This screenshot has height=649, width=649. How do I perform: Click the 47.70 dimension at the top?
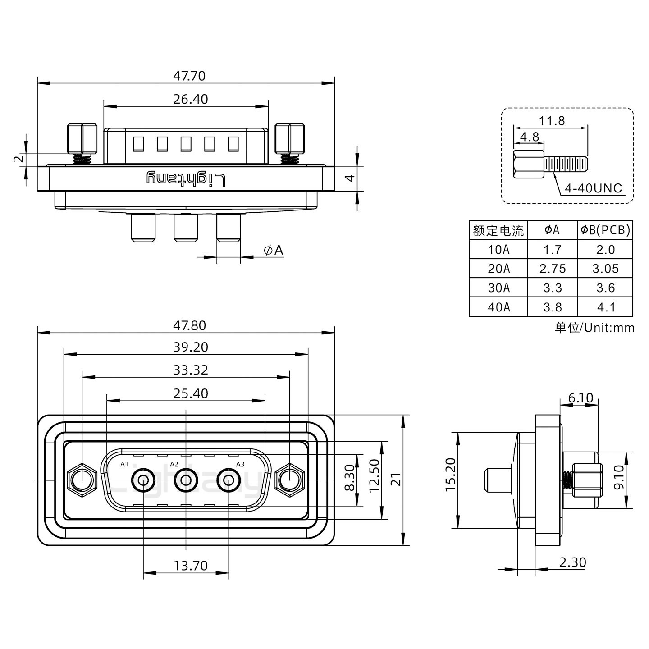189,76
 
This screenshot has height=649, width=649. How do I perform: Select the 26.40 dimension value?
191,99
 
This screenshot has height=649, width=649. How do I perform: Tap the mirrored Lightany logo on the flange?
186,179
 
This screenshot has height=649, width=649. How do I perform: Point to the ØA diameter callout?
274,250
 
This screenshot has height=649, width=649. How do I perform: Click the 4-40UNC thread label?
593,188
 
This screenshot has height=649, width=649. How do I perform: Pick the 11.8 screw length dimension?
551,121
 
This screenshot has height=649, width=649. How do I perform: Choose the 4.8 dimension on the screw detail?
529,137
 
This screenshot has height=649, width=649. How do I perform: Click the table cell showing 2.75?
552,269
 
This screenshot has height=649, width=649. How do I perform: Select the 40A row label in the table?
498,307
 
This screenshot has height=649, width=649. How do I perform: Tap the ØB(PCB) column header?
605,230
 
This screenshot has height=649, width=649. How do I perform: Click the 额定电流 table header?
498,231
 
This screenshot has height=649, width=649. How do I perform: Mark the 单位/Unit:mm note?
594,327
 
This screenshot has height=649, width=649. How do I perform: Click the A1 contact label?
124,464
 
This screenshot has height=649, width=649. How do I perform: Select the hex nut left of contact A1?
82,480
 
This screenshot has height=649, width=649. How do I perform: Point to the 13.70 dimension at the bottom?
191,566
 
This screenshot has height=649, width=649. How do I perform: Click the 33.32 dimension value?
191,370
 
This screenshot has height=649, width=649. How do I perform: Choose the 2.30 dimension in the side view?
572,562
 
